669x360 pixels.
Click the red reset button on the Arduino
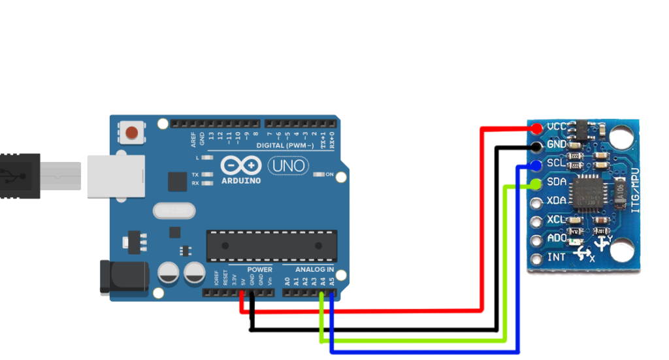click(133, 133)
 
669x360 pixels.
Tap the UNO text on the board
click(288, 166)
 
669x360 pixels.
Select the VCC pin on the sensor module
click(537, 127)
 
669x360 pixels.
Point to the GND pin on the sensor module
click(537, 145)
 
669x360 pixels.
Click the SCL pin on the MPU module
click(537, 164)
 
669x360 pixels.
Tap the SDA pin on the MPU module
click(537, 184)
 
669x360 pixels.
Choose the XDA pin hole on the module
click(537, 202)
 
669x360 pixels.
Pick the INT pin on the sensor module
click(537, 257)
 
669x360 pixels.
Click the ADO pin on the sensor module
click(537, 239)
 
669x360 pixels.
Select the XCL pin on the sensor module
click(537, 220)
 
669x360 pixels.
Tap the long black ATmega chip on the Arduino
click(272, 246)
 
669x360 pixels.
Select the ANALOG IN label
click(314, 269)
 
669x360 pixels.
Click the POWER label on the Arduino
click(259, 269)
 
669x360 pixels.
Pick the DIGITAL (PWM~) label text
click(285, 145)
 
